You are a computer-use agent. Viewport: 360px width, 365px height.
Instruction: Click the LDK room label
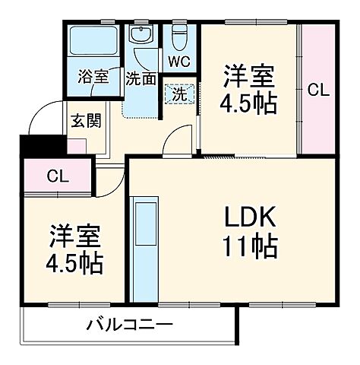(x=248, y=218)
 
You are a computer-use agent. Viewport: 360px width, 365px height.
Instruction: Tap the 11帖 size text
(x=248, y=246)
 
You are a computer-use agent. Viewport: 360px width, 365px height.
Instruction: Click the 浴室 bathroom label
(x=93, y=77)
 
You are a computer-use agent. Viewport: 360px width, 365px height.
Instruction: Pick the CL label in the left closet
(x=57, y=177)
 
